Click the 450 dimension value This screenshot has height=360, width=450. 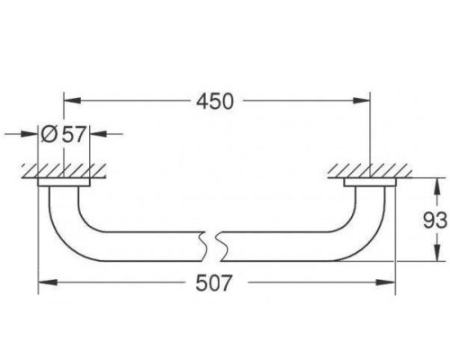click(215, 102)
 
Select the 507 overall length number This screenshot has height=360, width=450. click(214, 283)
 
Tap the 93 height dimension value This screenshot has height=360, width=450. click(435, 220)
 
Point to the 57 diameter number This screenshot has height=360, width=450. click(74, 134)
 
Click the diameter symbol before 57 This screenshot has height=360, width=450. click(49, 134)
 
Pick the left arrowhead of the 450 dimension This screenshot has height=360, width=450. click(72, 101)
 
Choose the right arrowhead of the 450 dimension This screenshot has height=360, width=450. click(362, 101)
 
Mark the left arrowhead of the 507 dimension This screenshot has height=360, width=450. click(48, 283)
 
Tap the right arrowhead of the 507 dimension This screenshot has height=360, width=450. click(386, 283)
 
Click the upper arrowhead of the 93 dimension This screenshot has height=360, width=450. click(437, 187)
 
